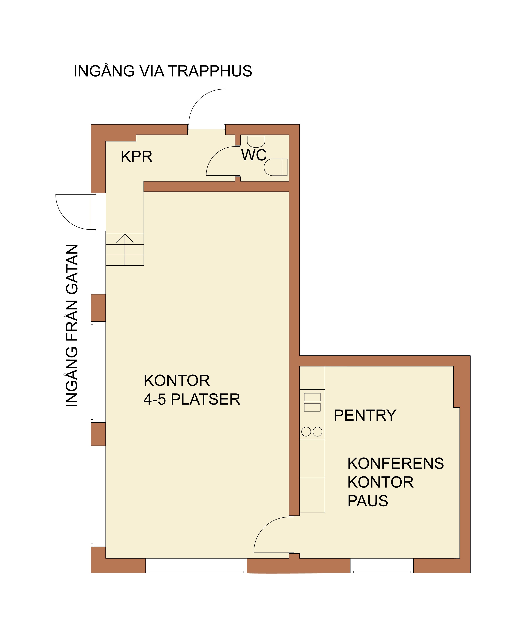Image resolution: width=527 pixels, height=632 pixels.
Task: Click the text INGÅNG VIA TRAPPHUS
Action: (x=163, y=71)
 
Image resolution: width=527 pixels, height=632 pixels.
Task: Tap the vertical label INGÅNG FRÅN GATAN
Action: (x=72, y=325)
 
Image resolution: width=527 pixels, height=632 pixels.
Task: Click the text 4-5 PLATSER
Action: (x=192, y=399)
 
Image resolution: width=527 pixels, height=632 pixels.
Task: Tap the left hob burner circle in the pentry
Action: (x=306, y=432)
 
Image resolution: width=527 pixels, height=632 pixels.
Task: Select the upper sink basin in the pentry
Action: (x=312, y=397)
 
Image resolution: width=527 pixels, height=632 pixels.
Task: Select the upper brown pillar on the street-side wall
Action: (x=98, y=308)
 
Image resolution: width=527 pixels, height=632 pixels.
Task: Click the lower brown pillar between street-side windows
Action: (x=98, y=434)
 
